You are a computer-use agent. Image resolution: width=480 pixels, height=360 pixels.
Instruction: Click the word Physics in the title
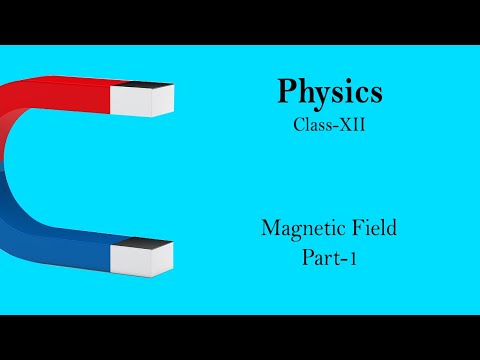tap(329, 93)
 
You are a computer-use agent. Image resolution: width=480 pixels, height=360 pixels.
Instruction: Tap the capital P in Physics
tap(288, 92)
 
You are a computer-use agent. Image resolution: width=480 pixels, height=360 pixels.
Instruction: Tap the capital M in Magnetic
tap(270, 227)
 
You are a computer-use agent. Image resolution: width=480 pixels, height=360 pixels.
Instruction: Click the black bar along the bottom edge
tap(240, 337)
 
